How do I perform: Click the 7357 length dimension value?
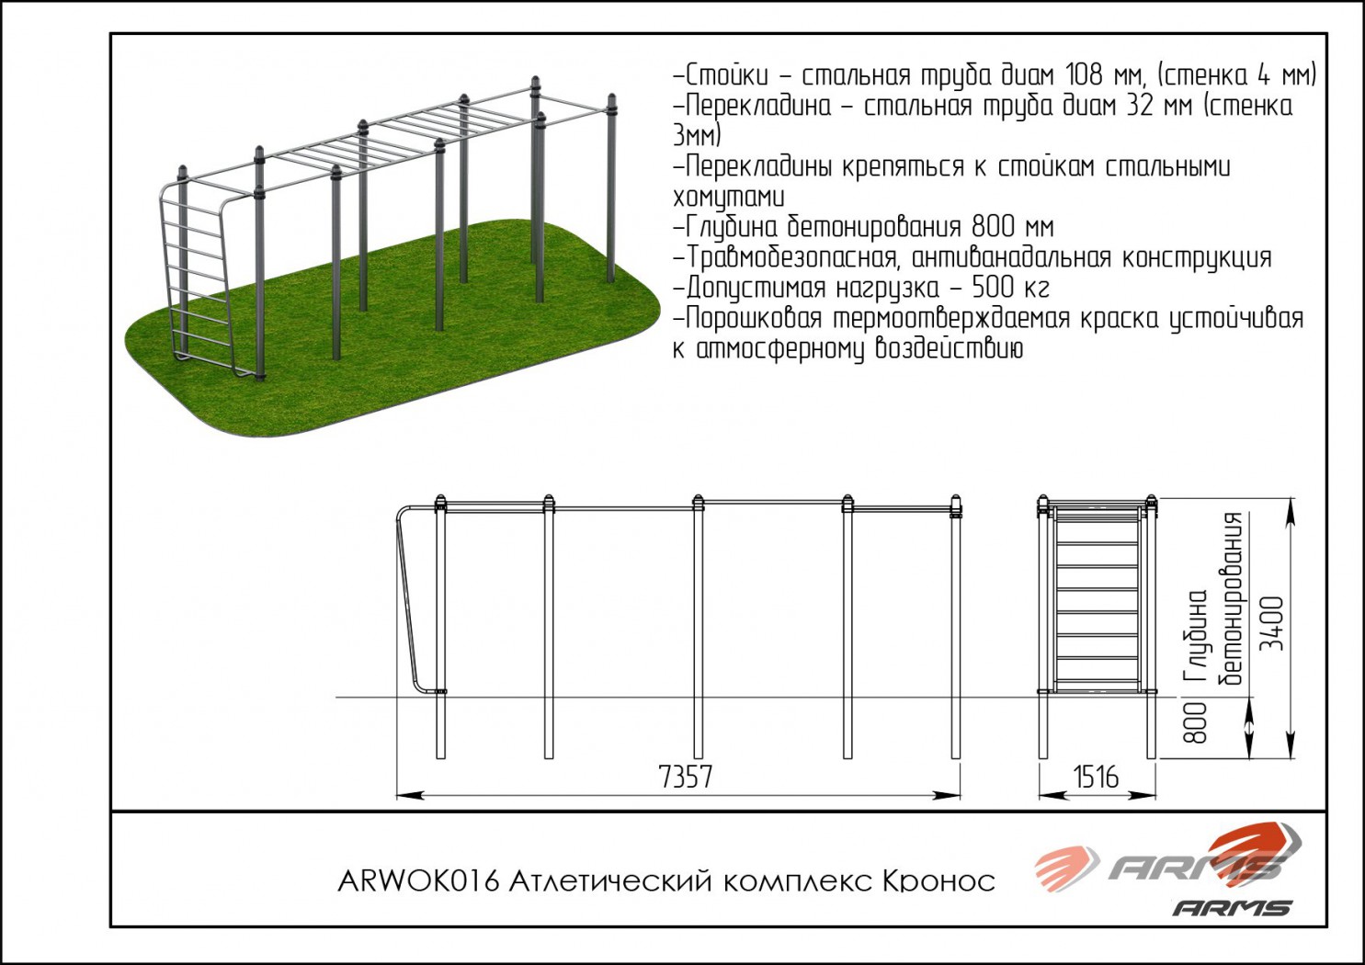click(x=685, y=777)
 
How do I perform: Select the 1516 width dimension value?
click(x=1096, y=777)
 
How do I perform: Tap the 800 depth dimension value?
click(x=1195, y=722)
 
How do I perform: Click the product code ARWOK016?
click(x=418, y=881)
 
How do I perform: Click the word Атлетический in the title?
click(x=610, y=881)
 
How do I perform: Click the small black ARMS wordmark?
click(x=1232, y=908)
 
